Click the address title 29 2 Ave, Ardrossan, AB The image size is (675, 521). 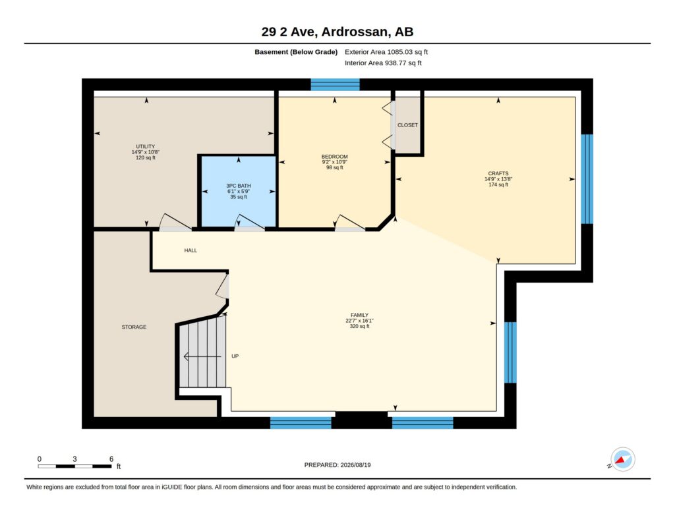pos(337,32)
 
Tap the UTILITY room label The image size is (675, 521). pos(146,147)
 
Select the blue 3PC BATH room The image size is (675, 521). pos(239,191)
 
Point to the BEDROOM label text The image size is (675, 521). pos(334,157)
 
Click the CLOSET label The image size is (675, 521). pos(407,125)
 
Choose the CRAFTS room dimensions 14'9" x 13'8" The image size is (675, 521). pos(498,179)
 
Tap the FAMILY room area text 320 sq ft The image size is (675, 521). pos(359,326)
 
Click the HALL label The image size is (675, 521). pos(191,250)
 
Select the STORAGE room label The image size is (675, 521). pos(134,327)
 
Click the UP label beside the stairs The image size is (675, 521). pos(235,356)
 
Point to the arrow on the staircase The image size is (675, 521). pos(202,356)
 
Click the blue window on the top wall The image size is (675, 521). pos(335,84)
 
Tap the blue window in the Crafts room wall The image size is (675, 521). pos(587,179)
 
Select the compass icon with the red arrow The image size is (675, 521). pos(622,460)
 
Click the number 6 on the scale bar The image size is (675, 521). pos(111,459)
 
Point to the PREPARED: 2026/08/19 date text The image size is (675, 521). pos(337,465)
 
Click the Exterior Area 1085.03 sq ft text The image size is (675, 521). pos(386,52)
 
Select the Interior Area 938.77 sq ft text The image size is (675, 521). pos(383,63)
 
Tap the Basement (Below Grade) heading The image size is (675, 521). pos(296,52)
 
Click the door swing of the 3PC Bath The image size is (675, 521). pos(249,221)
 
